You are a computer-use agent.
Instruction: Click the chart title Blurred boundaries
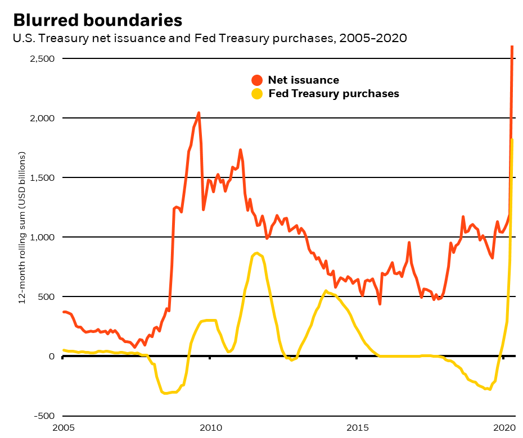click(x=97, y=20)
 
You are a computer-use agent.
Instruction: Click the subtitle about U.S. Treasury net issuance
click(x=210, y=38)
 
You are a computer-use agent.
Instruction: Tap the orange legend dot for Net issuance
click(x=257, y=80)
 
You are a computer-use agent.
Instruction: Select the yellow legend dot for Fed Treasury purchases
click(x=257, y=94)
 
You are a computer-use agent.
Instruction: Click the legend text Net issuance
click(x=303, y=80)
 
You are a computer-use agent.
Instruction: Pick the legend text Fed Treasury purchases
click(x=333, y=94)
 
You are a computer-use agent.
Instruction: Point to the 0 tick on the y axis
click(x=52, y=356)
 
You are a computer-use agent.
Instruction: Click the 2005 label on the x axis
click(x=63, y=427)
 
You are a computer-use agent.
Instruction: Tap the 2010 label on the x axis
click(x=210, y=427)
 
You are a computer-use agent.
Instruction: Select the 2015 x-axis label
click(x=357, y=427)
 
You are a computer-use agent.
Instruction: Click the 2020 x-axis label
click(x=504, y=427)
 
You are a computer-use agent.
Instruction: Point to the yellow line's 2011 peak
click(x=256, y=253)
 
